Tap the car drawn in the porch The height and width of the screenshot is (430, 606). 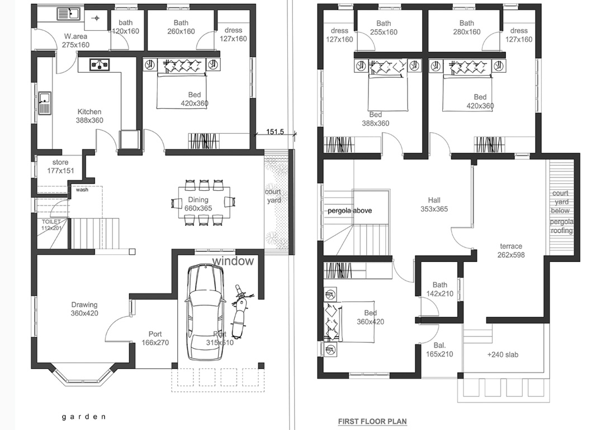(x=205, y=312)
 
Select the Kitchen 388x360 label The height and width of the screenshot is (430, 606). (x=89, y=116)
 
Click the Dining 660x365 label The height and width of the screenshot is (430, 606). (x=198, y=204)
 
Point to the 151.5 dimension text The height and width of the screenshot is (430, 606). (x=275, y=132)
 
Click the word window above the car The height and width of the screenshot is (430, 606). (x=233, y=261)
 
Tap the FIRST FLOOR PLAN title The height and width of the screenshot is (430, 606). (x=372, y=421)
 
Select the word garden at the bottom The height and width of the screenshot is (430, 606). (x=83, y=417)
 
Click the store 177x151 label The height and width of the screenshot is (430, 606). (x=61, y=166)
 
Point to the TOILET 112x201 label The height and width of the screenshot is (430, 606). (x=51, y=225)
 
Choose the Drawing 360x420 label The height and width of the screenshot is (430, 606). (x=84, y=309)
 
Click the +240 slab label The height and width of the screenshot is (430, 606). (x=503, y=354)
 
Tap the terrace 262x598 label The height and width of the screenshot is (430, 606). (x=511, y=250)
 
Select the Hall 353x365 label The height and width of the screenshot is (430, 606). (x=434, y=205)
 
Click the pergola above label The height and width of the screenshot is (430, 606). (x=350, y=211)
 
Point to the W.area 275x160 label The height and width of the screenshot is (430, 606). (x=76, y=40)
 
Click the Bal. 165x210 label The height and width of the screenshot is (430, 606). (x=439, y=349)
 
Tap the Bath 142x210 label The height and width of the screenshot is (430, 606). (x=440, y=289)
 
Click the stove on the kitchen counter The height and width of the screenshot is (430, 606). (x=100, y=64)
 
